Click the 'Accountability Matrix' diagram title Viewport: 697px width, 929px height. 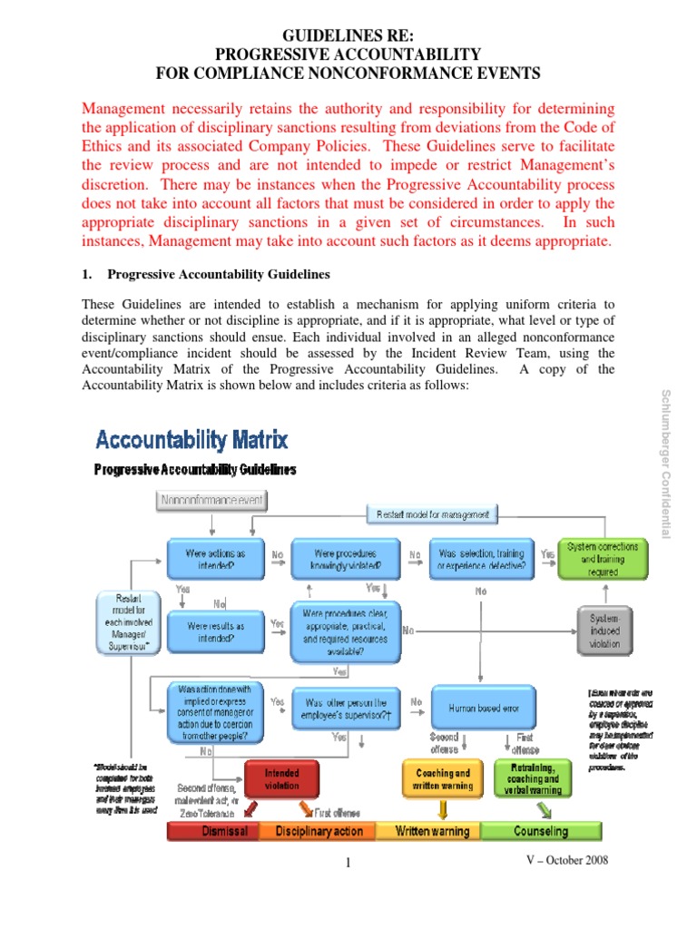point(192,441)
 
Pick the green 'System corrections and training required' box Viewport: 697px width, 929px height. point(603,560)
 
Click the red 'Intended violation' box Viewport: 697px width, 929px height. point(281,779)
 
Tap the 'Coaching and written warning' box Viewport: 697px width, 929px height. point(437,779)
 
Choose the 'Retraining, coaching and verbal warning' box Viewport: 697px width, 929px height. point(527,778)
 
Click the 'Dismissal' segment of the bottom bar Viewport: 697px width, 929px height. point(212,831)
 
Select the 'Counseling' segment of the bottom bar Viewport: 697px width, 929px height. point(541,831)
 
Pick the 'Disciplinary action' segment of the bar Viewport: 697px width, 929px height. point(319,831)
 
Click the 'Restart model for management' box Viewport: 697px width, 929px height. point(432,514)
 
